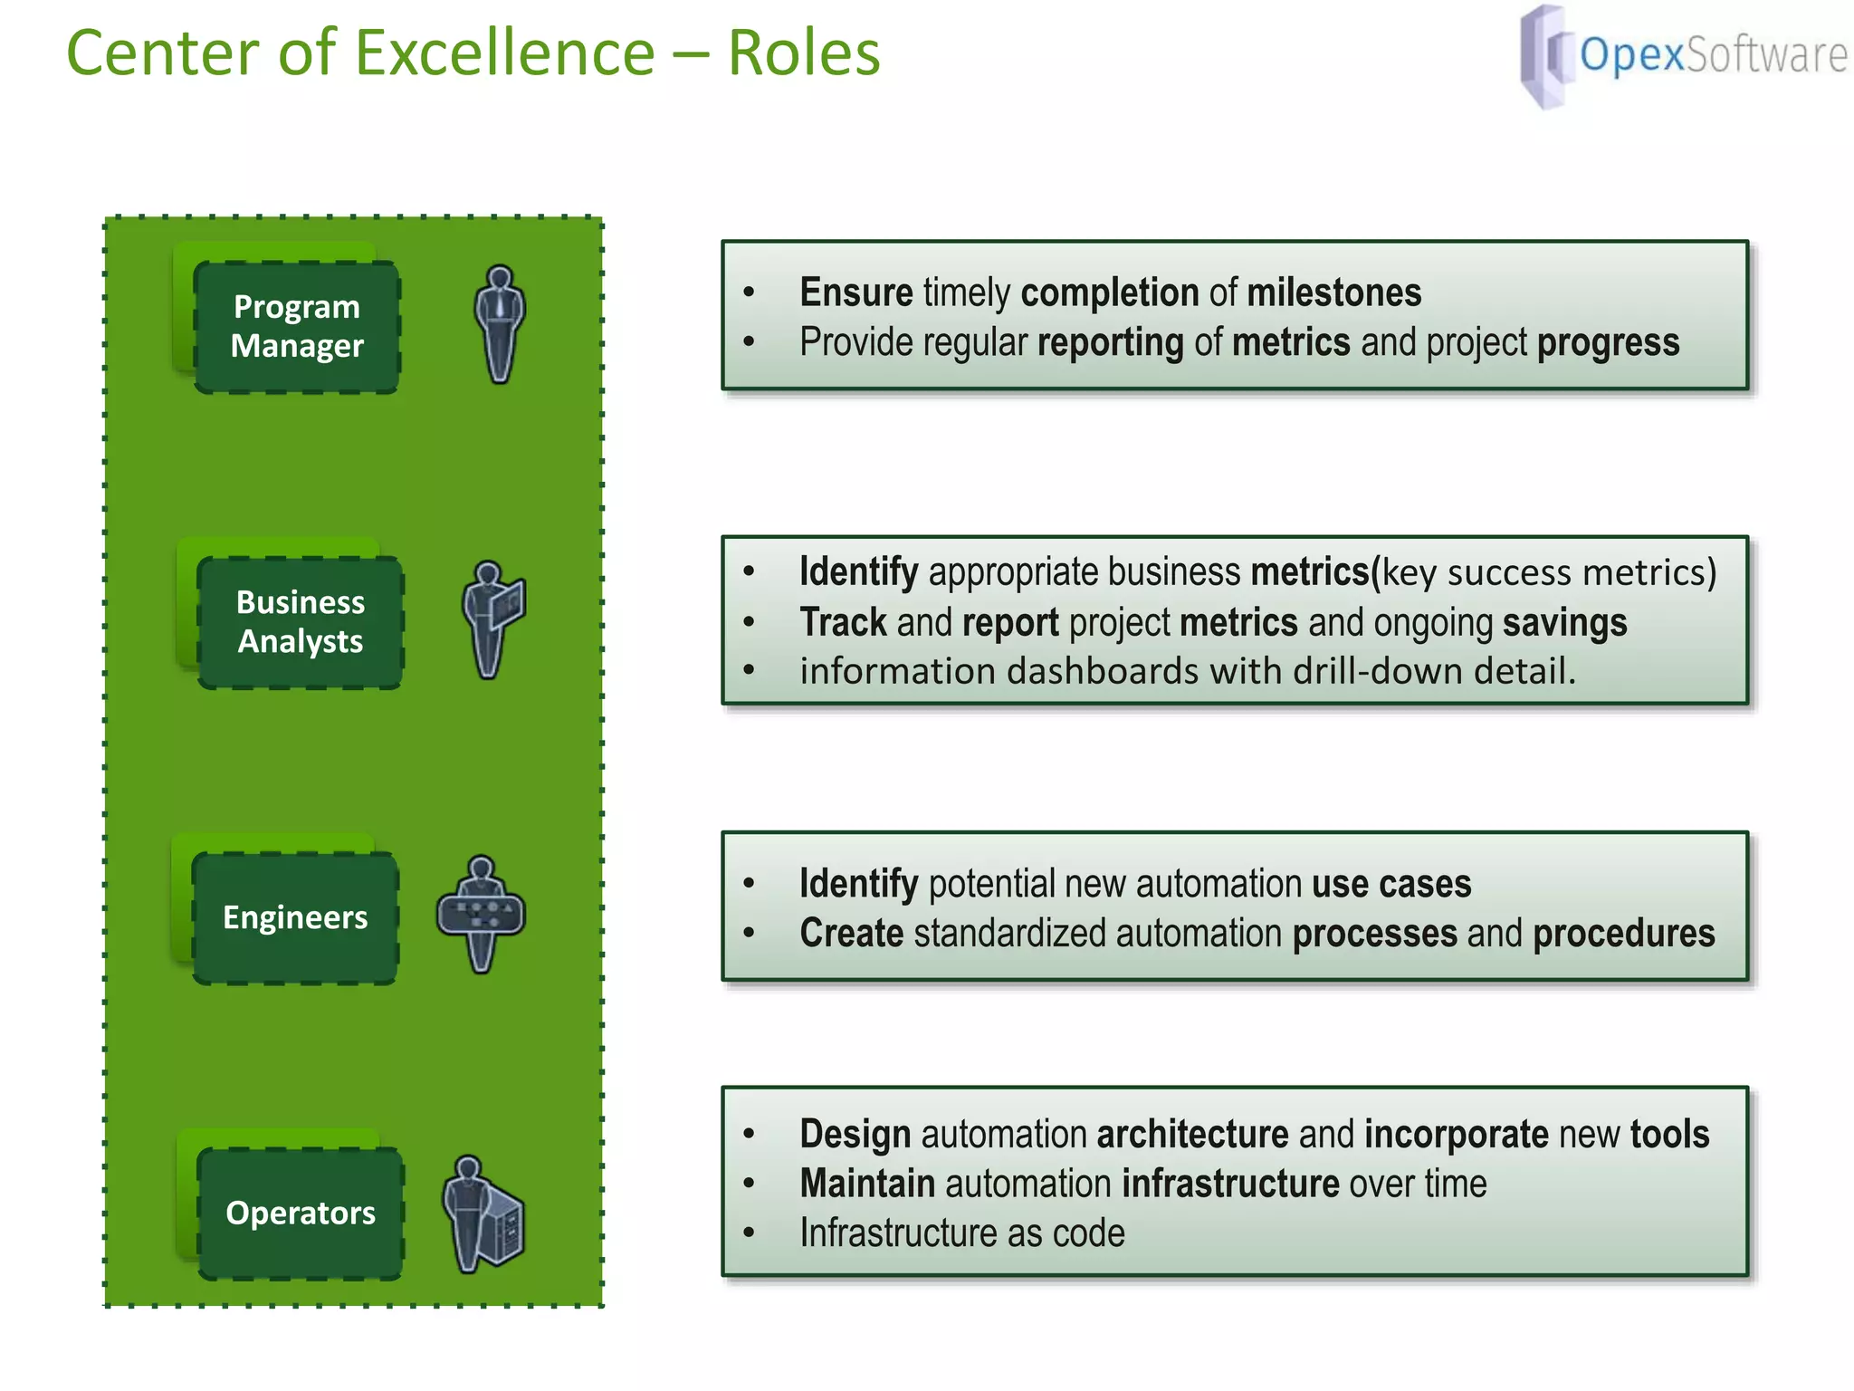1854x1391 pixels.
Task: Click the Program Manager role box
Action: click(297, 327)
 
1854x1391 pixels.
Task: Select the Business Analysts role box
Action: click(300, 622)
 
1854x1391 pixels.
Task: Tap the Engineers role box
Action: click(295, 917)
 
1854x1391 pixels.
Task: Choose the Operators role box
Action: click(300, 1213)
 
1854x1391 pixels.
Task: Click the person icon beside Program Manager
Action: click(500, 323)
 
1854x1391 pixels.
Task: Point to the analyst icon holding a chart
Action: click(493, 619)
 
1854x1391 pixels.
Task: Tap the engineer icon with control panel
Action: click(481, 914)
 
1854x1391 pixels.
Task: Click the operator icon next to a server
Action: click(483, 1214)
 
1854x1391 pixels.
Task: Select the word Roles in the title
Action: click(803, 53)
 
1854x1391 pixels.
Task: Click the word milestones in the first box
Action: click(1333, 293)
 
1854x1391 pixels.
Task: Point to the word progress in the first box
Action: click(1608, 342)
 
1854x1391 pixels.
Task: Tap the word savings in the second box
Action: click(1564, 622)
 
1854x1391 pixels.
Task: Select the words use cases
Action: click(1390, 884)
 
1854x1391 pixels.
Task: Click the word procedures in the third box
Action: click(1623, 933)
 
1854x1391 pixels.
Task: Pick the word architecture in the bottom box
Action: click(1191, 1134)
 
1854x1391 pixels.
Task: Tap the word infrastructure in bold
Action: click(1229, 1184)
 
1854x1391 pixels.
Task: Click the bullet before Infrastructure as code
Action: click(749, 1233)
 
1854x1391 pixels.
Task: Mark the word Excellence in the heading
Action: click(505, 53)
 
